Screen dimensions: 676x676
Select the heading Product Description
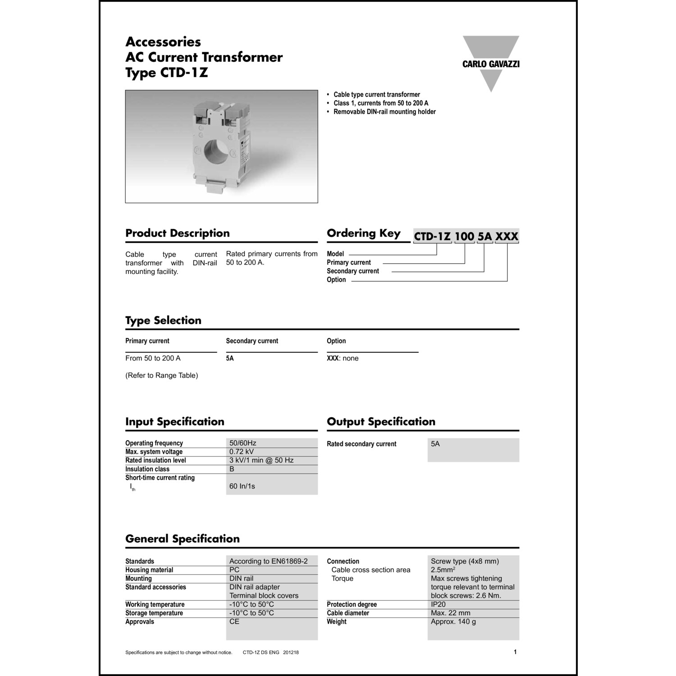pyautogui.click(x=178, y=233)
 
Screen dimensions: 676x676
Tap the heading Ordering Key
pyautogui.click(x=364, y=233)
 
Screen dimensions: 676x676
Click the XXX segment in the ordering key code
pyautogui.click(x=507, y=236)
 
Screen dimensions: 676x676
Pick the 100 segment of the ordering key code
pyautogui.click(x=464, y=236)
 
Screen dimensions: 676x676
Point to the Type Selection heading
pyautogui.click(x=163, y=320)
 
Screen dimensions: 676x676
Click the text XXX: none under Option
pyautogui.click(x=343, y=358)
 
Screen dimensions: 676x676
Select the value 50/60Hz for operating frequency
pyautogui.click(x=243, y=443)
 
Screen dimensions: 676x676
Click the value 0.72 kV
pyautogui.click(x=242, y=452)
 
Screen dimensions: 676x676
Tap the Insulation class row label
pyautogui.click(x=147, y=469)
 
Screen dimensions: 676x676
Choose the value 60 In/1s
pyautogui.click(x=242, y=486)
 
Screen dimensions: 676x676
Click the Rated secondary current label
pyautogui.click(x=361, y=444)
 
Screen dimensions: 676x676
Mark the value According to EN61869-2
pyautogui.click(x=269, y=561)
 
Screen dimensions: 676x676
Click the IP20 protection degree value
pyautogui.click(x=438, y=604)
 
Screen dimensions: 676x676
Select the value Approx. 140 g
pyautogui.click(x=453, y=621)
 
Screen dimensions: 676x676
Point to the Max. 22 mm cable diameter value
pyautogui.click(x=451, y=613)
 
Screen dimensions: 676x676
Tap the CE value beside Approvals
pyautogui.click(x=234, y=621)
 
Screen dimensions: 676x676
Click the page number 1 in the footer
pyautogui.click(x=515, y=652)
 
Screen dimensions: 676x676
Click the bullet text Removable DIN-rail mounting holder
pyautogui.click(x=384, y=112)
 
